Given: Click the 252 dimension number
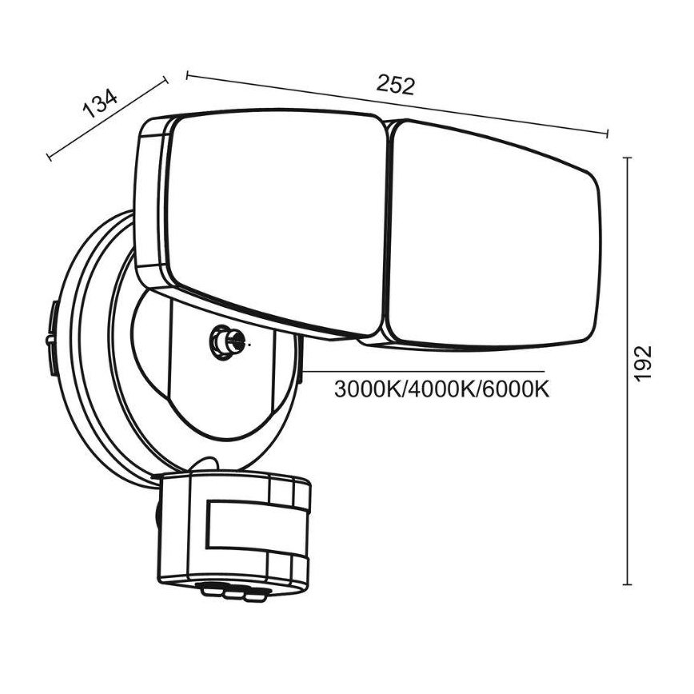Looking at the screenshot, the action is pos(395,86).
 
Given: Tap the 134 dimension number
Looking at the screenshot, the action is pos(100,104).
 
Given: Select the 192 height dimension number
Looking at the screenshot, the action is pos(643,363).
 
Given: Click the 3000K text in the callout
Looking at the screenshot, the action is pos(367,389).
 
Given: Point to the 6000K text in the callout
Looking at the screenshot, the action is pos(515,389).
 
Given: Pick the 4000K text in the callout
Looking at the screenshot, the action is pos(441,389).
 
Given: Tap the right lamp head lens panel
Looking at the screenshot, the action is pos(493,234).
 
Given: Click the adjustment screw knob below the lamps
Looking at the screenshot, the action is pos(226,341).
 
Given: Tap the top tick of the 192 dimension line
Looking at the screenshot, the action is pos(627,158).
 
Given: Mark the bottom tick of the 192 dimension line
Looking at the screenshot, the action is pos(627,584).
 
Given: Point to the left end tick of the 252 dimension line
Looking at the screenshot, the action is pos(188,76).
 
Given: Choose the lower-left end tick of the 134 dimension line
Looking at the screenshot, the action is pos(49,156).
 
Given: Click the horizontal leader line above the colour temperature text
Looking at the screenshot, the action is pos(424,371).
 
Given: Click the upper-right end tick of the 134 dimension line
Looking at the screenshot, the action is pos(166,80).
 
